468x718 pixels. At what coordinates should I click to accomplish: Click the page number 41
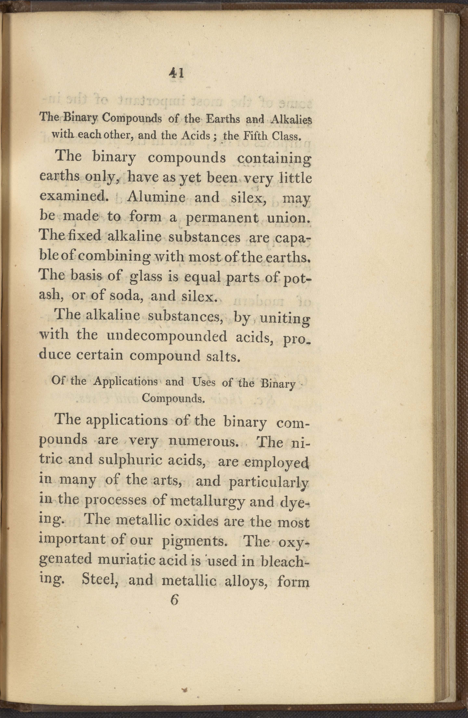[x=177, y=73]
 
